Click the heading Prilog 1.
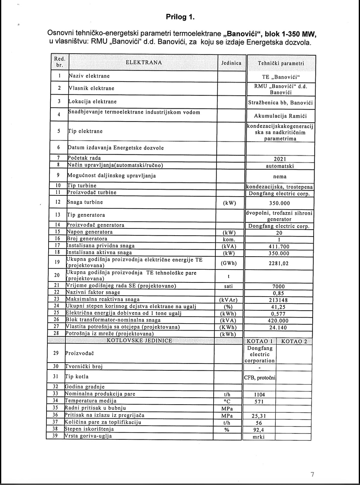coord(180,17)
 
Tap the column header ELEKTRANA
coord(144,62)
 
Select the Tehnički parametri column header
coord(280,63)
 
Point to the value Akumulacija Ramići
coord(280,116)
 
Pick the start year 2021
coord(280,159)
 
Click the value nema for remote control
coord(280,176)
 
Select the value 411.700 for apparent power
coord(279,247)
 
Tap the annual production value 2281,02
coord(279,263)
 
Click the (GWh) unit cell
coord(229,263)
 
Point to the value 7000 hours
coord(279,287)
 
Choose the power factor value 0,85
coord(278,293)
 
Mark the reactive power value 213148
coord(278,300)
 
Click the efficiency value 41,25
coord(278,307)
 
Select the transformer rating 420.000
coord(278,321)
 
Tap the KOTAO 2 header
coord(294,341)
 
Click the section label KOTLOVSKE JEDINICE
coord(139,341)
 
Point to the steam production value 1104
coord(259,395)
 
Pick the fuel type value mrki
coord(259,437)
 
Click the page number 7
coord(312,466)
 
